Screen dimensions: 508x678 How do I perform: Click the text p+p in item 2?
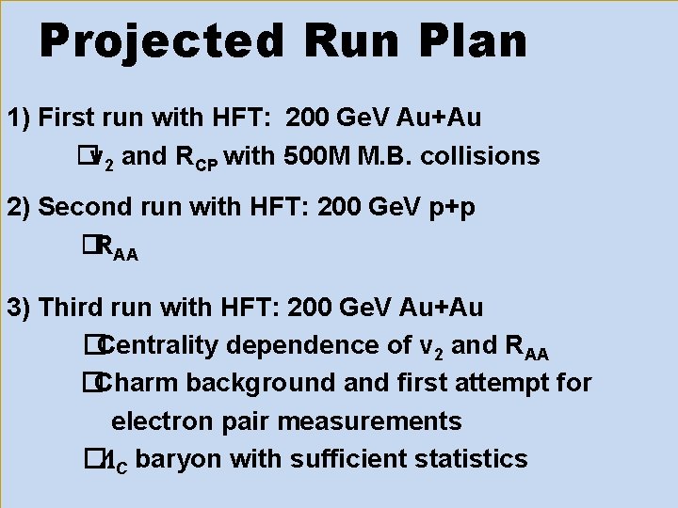tap(447, 207)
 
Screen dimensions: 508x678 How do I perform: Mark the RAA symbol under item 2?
tap(118, 248)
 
